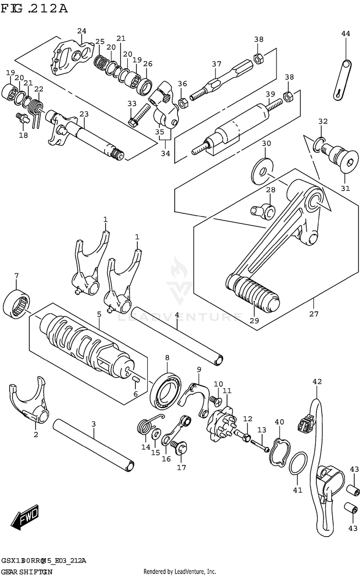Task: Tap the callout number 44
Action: pos(346,33)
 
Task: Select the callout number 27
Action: pos(313,314)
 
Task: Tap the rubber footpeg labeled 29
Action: pos(254,293)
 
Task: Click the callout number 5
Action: pos(99,314)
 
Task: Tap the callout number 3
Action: pos(94,424)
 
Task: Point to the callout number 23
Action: pos(84,114)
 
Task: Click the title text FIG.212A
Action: pos(34,8)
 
